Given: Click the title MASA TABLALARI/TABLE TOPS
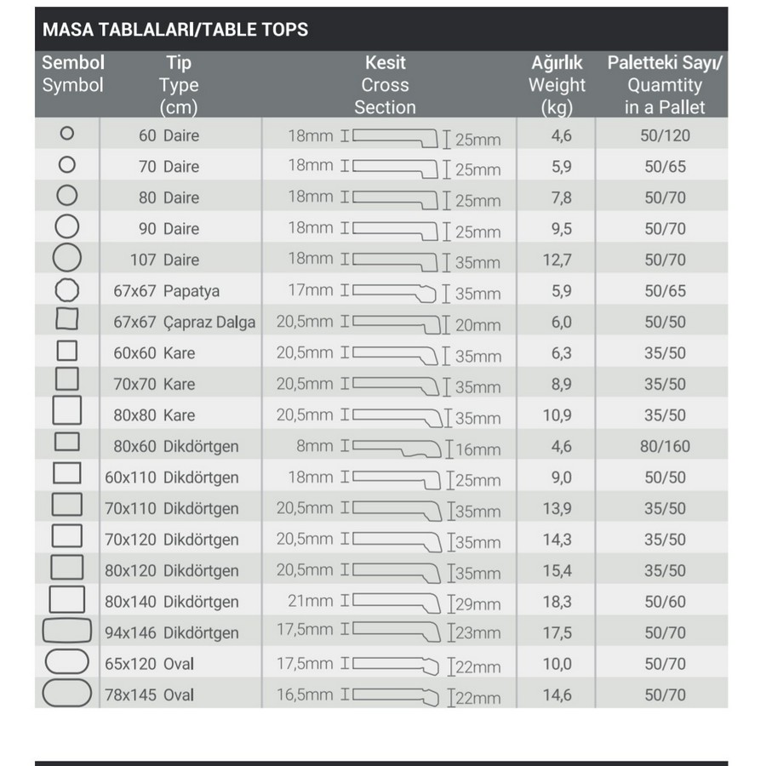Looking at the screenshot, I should click(175, 30).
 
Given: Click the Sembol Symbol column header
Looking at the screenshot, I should click(72, 74).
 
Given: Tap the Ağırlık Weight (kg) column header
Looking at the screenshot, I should click(557, 84).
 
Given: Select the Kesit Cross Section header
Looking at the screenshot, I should click(385, 84).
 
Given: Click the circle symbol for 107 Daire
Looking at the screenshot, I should click(67, 258).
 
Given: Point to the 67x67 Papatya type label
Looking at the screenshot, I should click(166, 291).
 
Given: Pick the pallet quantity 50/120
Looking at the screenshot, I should click(666, 135).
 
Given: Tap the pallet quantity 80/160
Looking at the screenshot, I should click(666, 446).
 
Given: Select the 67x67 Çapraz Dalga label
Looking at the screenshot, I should click(184, 323).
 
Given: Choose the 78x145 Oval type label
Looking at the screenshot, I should click(149, 695).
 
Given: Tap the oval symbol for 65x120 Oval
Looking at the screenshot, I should click(66, 662).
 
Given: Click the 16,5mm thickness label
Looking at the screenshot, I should click(305, 695).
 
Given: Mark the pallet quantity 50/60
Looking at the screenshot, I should click(665, 602).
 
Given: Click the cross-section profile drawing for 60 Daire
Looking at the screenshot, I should click(393, 136).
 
